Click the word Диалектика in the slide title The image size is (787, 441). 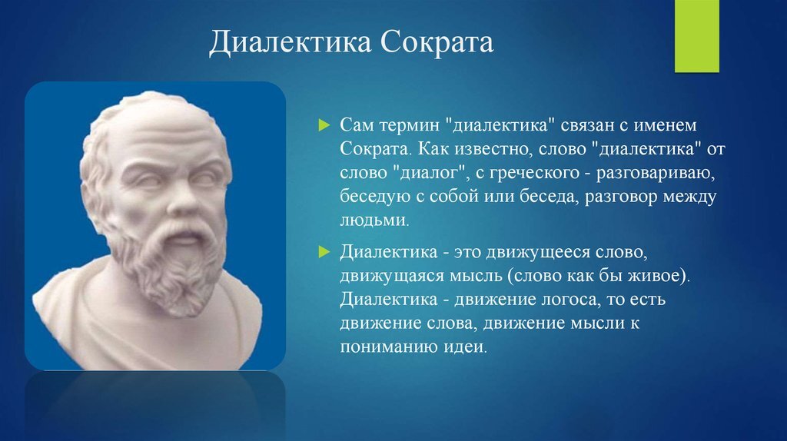click(x=290, y=42)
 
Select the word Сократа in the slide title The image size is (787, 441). click(x=437, y=41)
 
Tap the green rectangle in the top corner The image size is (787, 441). click(x=696, y=36)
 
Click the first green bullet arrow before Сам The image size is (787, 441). click(x=324, y=125)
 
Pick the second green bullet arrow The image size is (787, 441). click(x=324, y=251)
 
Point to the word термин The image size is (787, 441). click(x=409, y=125)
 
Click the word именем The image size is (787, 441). click(x=665, y=125)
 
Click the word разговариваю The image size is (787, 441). click(x=655, y=173)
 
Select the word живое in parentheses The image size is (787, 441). click(x=659, y=276)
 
